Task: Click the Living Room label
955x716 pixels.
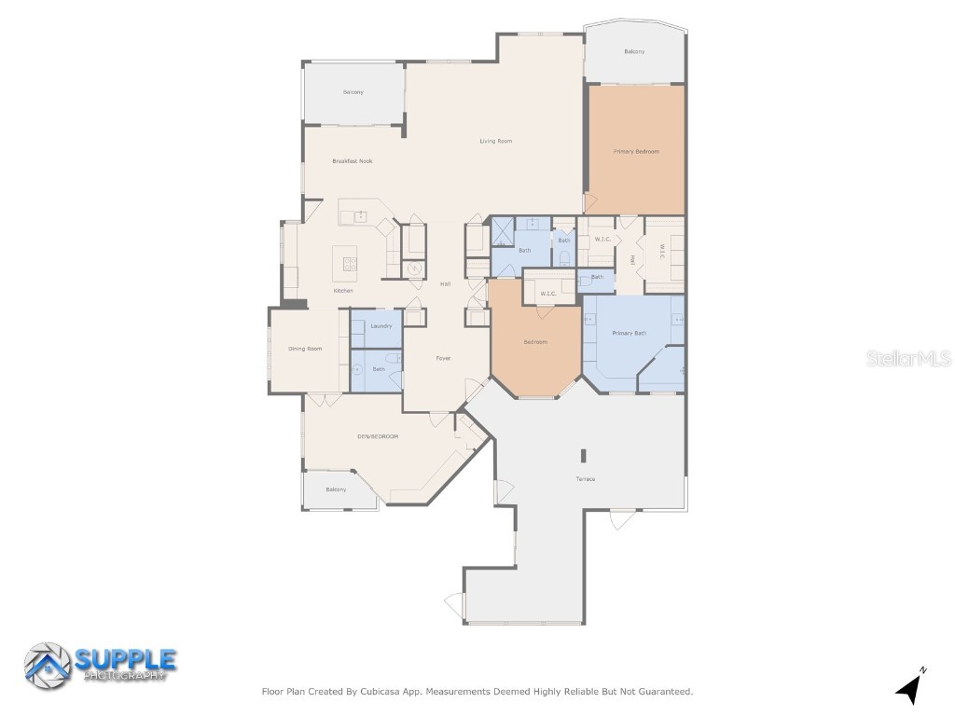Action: coord(495,142)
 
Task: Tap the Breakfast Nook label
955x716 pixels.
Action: coord(352,161)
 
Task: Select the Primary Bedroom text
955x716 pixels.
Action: coord(636,151)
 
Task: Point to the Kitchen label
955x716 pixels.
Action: coord(343,291)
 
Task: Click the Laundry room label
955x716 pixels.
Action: coord(381,325)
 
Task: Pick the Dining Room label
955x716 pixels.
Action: coord(305,349)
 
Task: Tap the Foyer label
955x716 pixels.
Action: coord(444,358)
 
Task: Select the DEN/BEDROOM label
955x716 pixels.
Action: coord(378,436)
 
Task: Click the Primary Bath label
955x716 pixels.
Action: coord(629,333)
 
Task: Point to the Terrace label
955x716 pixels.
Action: coord(585,479)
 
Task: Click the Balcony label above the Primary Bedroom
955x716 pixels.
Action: coord(634,51)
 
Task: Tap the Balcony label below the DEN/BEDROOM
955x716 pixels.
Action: coord(336,489)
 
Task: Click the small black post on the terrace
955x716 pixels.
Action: coord(584,456)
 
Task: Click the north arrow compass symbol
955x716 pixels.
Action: coord(911,688)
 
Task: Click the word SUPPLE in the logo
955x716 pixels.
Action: coord(125,659)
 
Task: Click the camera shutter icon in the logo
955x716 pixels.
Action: coord(47,666)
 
